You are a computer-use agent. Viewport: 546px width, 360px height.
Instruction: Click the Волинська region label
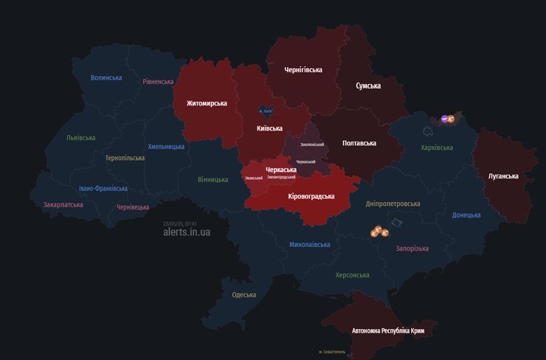[106, 77]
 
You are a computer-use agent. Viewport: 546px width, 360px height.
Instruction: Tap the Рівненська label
[158, 82]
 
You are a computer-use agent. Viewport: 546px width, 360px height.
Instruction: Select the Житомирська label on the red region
[207, 103]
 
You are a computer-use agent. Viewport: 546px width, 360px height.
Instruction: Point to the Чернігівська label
[303, 70]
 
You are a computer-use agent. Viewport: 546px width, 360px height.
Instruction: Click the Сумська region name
[368, 86]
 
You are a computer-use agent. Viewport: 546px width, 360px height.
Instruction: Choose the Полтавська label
[359, 143]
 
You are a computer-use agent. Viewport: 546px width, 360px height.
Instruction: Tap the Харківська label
[437, 148]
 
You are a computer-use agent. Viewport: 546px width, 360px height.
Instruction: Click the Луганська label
[503, 176]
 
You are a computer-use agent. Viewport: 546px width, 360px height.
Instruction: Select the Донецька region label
[466, 215]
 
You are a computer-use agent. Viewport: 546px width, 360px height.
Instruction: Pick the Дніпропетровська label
[393, 204]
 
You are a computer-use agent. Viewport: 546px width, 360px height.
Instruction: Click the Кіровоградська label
[311, 196]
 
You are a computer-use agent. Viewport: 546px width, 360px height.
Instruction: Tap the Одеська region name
[243, 295]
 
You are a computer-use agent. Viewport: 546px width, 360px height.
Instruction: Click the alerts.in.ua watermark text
[187, 232]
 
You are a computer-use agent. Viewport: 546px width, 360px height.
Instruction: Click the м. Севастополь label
[332, 352]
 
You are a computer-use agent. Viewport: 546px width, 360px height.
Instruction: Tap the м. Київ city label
[266, 111]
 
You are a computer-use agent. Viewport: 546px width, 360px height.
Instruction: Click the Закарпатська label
[63, 204]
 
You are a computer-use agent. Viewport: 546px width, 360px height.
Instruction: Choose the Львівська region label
[80, 138]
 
